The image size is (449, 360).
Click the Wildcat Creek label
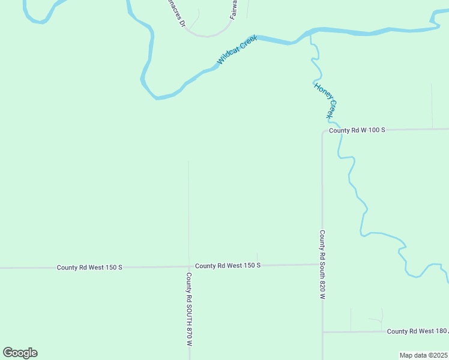(237, 50)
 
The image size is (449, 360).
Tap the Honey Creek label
(326, 100)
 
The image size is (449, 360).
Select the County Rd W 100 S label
(357, 130)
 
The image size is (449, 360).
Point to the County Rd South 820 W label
(322, 265)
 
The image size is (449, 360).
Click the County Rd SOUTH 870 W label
(188, 310)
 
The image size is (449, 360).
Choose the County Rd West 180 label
(417, 331)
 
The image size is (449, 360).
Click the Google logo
(20, 353)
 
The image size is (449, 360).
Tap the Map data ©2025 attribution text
(423, 355)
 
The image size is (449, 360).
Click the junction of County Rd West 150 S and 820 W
(322, 264)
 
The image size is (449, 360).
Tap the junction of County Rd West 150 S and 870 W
(189, 266)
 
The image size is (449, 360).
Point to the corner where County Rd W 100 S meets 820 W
(323, 131)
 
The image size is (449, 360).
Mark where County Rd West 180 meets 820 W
(323, 332)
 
